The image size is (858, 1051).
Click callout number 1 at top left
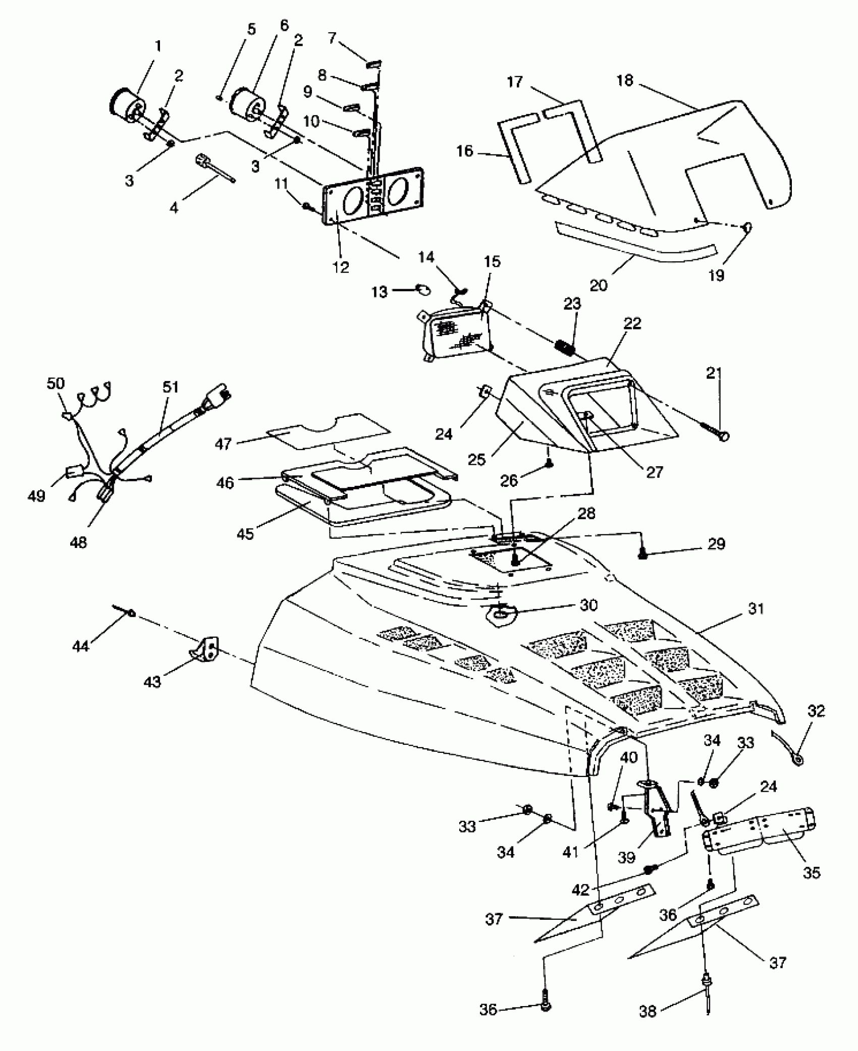pos(158,46)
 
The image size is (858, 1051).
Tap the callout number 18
pos(625,81)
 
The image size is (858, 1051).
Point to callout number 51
pos(171,387)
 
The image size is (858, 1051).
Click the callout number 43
pos(152,682)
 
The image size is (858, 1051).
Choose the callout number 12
pos(341,267)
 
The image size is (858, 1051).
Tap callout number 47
pos(223,444)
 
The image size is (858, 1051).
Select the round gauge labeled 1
pos(126,104)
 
